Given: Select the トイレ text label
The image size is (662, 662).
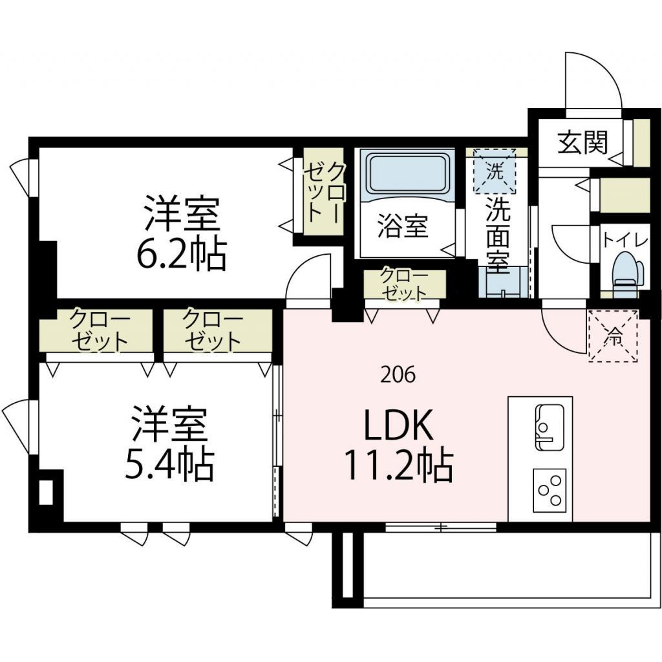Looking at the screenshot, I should click(x=625, y=240).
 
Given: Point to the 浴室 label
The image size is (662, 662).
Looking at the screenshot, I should click(x=402, y=228).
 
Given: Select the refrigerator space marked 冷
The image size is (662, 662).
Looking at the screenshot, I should click(x=612, y=336).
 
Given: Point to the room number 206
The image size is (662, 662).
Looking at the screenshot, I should click(x=398, y=375).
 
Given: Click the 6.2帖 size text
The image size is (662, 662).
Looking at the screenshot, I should click(x=180, y=256).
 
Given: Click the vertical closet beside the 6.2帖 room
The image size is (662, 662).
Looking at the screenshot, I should click(x=323, y=192).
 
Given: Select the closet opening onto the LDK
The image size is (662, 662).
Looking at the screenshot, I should click(x=404, y=285).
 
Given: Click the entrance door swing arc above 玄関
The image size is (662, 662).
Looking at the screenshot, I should click(x=592, y=81).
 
